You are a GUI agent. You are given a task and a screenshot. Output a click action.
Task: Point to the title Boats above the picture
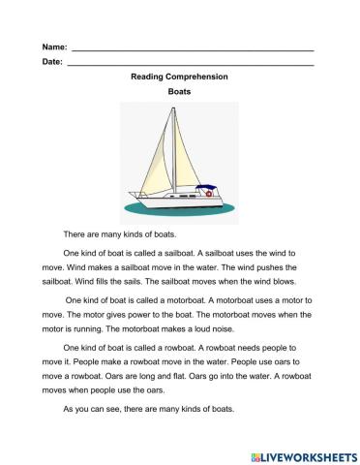coord(179,92)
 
